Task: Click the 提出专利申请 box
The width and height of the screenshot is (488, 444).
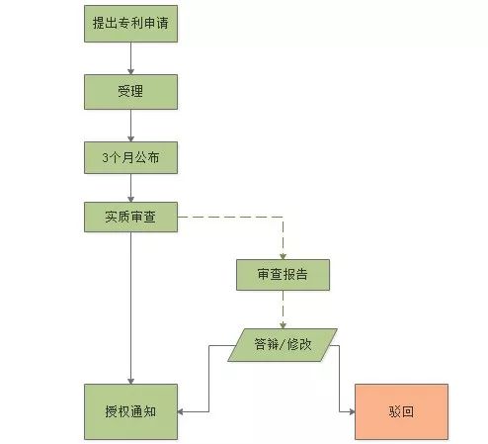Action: [x=130, y=24]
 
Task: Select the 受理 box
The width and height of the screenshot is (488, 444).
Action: [x=130, y=92]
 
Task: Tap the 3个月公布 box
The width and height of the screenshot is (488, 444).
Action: [x=130, y=157]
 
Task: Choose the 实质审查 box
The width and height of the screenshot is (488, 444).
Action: [x=130, y=217]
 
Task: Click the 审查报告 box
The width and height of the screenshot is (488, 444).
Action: [x=283, y=275]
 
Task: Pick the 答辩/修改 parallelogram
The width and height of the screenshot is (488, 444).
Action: [x=283, y=345]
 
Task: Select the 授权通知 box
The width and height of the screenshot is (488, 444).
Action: [x=130, y=411]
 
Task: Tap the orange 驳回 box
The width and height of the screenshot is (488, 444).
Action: [x=401, y=411]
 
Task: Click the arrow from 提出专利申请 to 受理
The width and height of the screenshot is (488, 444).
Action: [x=130, y=58]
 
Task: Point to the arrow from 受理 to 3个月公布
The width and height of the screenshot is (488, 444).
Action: [x=130, y=126]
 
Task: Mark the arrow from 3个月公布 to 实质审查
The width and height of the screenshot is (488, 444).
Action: [x=130, y=188]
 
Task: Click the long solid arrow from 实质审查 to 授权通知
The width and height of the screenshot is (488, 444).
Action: [x=130, y=309]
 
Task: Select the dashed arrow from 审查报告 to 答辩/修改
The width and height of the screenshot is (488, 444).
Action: [x=283, y=310]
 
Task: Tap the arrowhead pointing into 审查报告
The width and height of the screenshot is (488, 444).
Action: [x=283, y=256]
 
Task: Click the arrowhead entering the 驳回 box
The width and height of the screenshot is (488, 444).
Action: [x=352, y=411]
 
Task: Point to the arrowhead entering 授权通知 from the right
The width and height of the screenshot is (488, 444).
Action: [x=181, y=411]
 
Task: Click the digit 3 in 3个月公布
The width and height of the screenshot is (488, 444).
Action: [x=105, y=157]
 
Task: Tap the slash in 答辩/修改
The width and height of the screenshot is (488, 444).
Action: [x=283, y=345]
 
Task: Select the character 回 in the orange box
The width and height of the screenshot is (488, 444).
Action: [x=408, y=411]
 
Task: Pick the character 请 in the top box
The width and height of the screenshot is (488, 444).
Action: [x=162, y=24]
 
